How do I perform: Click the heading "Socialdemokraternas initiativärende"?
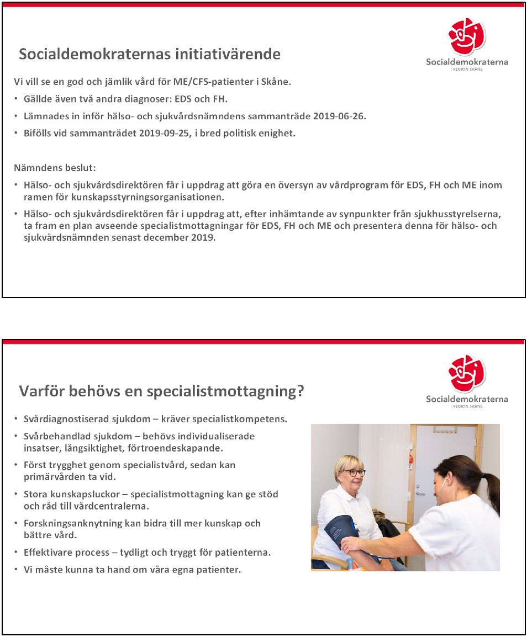click(x=150, y=54)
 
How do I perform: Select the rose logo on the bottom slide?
click(x=467, y=374)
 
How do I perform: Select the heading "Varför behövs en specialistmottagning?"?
click(x=162, y=391)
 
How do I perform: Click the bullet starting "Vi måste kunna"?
click(x=132, y=569)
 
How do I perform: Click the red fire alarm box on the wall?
click(x=410, y=459)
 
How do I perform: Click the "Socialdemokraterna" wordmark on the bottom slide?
click(x=467, y=399)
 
